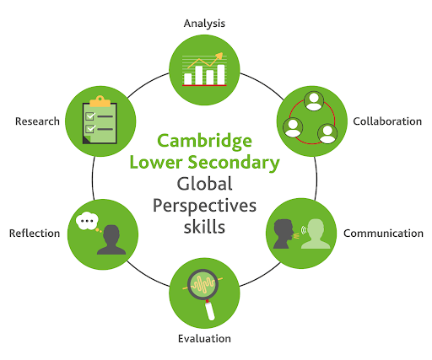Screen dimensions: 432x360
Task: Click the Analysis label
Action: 204,24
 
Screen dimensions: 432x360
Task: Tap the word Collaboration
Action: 387,121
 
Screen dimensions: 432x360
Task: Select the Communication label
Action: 383,234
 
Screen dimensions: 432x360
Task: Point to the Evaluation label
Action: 204,339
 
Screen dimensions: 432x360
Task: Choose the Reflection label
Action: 35,234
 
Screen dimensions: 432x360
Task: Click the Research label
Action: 37,121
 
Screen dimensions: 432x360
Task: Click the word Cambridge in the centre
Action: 204,142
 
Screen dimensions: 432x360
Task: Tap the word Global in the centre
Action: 204,184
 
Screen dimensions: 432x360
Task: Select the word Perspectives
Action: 204,206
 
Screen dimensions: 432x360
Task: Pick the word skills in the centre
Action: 204,227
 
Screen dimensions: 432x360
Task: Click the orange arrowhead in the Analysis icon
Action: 219,56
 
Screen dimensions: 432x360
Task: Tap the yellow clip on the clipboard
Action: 100,101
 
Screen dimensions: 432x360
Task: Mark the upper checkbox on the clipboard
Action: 90,116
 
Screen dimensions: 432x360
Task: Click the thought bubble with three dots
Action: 87,221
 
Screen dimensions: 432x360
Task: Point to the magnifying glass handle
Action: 209,310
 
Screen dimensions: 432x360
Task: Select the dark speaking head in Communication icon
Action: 283,234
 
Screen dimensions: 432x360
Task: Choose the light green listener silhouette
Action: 316,234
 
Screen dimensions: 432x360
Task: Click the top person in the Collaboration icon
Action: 314,101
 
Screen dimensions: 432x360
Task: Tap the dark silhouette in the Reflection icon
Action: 111,239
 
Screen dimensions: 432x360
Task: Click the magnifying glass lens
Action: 202,284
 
